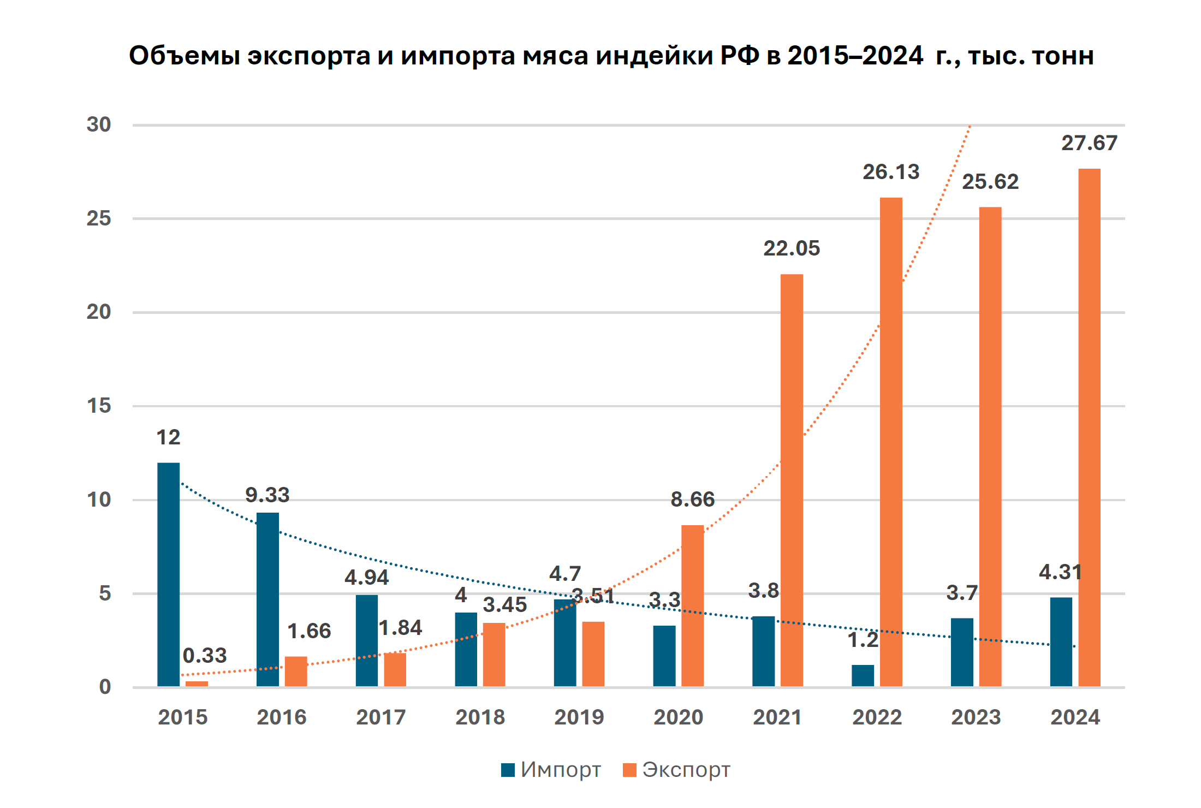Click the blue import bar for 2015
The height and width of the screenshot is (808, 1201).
click(x=168, y=574)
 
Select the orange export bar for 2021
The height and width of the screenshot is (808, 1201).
click(x=792, y=480)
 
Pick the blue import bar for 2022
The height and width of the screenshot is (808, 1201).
click(x=863, y=675)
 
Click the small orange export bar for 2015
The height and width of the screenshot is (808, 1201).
click(x=197, y=684)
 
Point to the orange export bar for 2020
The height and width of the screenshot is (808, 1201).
click(x=692, y=606)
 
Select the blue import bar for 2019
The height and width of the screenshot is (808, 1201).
click(x=565, y=643)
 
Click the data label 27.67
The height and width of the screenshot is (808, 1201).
click(x=1089, y=143)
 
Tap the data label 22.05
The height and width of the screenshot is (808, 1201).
click(x=792, y=248)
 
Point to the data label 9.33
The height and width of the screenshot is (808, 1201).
click(x=267, y=495)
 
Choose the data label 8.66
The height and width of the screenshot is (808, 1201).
click(x=692, y=500)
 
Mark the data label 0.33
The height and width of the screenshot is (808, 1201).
click(x=204, y=655)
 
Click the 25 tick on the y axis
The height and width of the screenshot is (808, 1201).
click(x=99, y=218)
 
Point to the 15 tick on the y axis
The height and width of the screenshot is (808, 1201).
click(x=99, y=406)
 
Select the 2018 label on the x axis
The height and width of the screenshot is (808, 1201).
click(x=480, y=717)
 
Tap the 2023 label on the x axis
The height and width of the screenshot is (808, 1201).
click(x=976, y=717)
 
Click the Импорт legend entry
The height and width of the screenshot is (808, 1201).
click(x=551, y=770)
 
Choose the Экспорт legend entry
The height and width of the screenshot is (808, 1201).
click(x=677, y=770)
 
